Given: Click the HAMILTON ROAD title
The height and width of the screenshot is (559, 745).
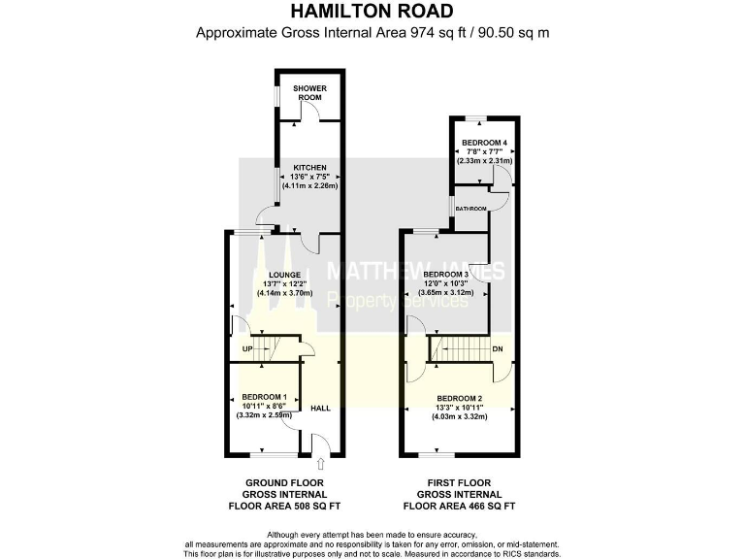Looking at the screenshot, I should (x=372, y=12).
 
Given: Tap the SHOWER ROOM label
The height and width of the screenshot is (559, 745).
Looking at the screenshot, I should (x=310, y=93).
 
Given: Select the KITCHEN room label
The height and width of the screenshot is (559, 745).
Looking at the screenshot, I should (x=309, y=168).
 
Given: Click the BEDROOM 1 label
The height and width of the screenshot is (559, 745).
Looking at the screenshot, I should (x=263, y=396).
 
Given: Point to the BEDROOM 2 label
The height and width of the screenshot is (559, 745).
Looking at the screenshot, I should (x=459, y=398).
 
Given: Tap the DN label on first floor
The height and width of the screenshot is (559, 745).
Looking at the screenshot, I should (x=498, y=349).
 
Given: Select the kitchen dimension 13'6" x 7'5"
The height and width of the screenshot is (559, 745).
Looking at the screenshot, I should (x=309, y=177).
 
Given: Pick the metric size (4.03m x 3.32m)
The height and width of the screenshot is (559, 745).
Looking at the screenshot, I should (x=459, y=417).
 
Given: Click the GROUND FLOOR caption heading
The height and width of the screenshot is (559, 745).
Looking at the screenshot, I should (x=284, y=482).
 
